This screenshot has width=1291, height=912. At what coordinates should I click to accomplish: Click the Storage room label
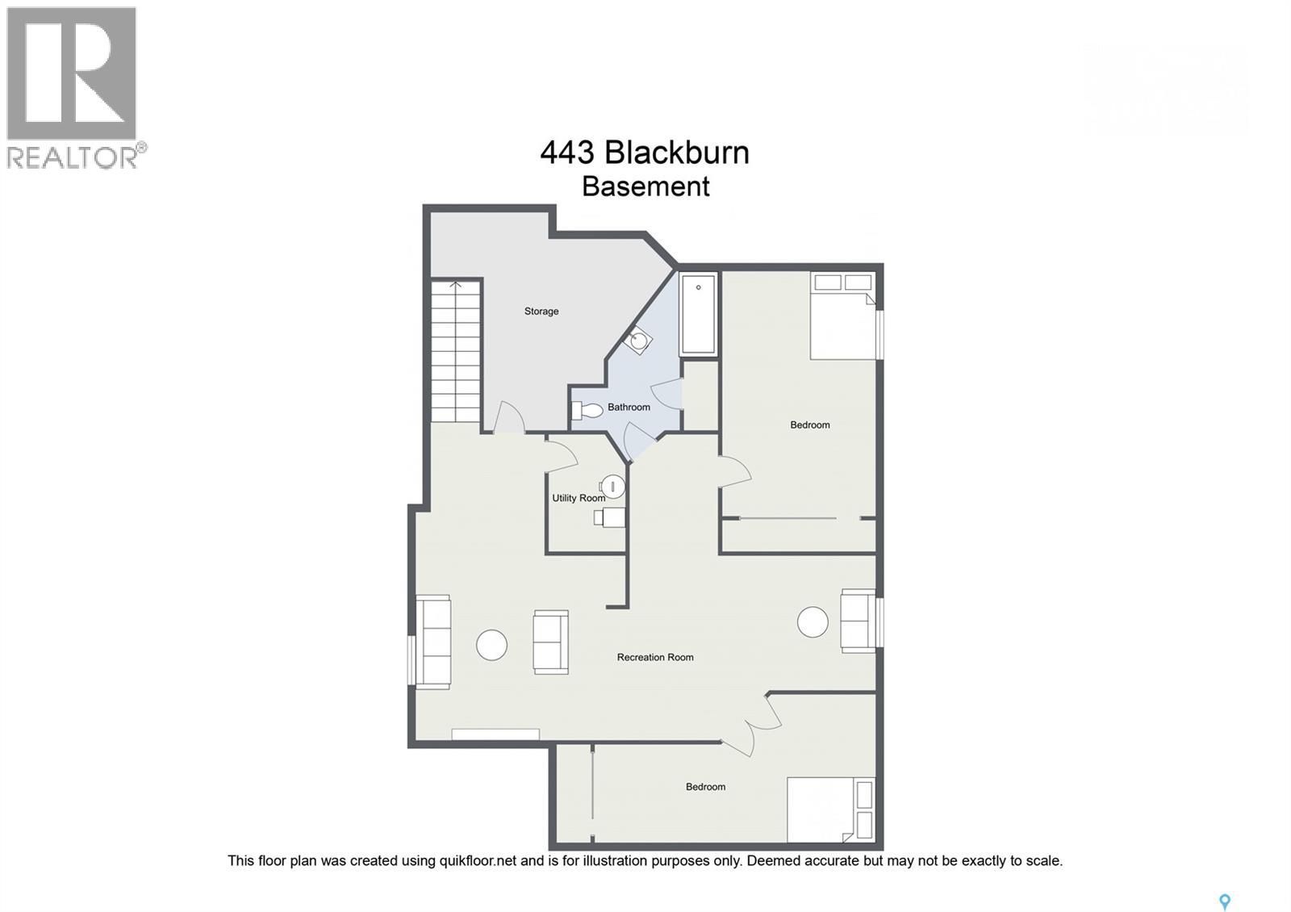click(541, 312)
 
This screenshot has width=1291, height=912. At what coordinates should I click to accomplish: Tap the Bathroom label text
click(629, 408)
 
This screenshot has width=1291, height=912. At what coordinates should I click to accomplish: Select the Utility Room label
click(578, 498)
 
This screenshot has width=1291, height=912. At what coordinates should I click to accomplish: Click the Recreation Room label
click(655, 658)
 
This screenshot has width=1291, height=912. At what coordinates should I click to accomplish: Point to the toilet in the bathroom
click(587, 411)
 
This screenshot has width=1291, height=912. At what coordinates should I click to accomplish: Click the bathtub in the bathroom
click(698, 315)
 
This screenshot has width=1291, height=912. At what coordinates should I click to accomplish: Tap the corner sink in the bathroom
click(639, 341)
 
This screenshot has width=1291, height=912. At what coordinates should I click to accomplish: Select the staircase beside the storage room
click(456, 351)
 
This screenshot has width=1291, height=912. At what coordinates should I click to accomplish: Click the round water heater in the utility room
click(613, 487)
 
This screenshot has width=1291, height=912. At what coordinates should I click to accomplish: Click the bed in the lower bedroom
click(830, 810)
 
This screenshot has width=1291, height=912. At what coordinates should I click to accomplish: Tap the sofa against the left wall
click(433, 642)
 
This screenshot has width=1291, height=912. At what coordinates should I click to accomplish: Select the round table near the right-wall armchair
click(813, 622)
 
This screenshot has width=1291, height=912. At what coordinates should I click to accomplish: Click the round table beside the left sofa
click(491, 645)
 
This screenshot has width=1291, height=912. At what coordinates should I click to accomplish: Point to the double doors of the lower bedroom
click(755, 724)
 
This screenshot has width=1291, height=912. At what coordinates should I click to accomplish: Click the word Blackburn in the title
click(677, 153)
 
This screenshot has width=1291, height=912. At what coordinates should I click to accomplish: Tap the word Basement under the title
click(645, 186)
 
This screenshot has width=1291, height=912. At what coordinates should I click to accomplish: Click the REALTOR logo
click(73, 87)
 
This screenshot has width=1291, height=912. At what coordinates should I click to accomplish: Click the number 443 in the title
click(567, 153)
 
